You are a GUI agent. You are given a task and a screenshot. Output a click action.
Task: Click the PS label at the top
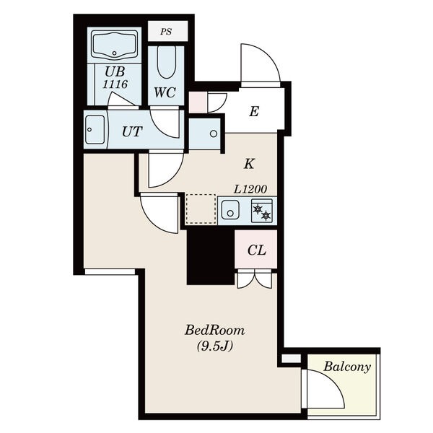tap(166, 32)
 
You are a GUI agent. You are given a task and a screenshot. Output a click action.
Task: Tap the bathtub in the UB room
tap(114, 45)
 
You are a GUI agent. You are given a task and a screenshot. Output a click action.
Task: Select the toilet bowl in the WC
tap(167, 62)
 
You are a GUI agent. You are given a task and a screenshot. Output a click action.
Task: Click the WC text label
tap(165, 92)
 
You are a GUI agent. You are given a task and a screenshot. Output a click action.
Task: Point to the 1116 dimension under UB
tap(115, 84)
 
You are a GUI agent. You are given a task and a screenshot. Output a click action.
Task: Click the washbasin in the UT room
tap(95, 129)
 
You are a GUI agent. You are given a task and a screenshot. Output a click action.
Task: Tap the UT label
tap(132, 132)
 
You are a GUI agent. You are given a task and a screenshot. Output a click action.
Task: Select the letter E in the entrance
tap(254, 112)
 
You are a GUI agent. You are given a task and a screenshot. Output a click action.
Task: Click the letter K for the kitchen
tap(249, 164)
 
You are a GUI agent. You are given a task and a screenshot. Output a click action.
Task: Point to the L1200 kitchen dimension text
tap(250, 189)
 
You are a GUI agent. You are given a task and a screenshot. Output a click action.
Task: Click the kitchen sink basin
tap(230, 210)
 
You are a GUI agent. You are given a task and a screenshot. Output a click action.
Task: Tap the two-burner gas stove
tap(262, 211)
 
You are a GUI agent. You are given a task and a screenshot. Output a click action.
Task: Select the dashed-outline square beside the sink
tap(201, 209)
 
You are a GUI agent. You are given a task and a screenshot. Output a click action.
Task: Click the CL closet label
tap(257, 250)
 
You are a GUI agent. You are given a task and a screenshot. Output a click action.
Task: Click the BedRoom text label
tap(214, 331)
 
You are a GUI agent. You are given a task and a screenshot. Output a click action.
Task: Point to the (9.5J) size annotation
tap(215, 346)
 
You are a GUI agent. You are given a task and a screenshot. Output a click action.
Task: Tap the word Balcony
tap(347, 367)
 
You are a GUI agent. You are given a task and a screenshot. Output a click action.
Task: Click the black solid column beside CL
tap(211, 257)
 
